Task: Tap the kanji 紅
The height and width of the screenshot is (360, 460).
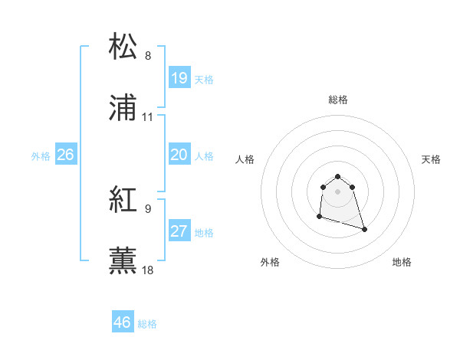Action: point(123,199)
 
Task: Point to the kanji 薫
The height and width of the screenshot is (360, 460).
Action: point(123,260)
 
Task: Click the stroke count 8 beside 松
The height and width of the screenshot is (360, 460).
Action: point(148,55)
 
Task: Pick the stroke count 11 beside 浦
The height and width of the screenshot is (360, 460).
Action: point(148,116)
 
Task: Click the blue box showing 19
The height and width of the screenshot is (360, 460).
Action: point(179,77)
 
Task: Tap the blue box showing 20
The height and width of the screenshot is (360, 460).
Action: point(179,155)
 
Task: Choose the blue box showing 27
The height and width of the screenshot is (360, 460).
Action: point(179,231)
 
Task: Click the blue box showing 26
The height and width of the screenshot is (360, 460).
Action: point(65,155)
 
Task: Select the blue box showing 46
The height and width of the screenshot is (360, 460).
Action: point(122,322)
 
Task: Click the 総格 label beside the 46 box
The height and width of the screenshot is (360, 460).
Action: point(147,324)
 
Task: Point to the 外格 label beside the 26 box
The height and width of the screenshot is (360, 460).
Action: point(41,156)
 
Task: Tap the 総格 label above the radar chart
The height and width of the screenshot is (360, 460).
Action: point(338,100)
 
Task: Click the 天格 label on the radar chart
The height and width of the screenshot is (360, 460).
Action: point(431,159)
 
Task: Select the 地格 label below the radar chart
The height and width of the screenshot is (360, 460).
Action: point(402,262)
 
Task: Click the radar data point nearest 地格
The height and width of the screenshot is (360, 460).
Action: point(364,229)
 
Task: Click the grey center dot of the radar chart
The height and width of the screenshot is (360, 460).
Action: point(338,191)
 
